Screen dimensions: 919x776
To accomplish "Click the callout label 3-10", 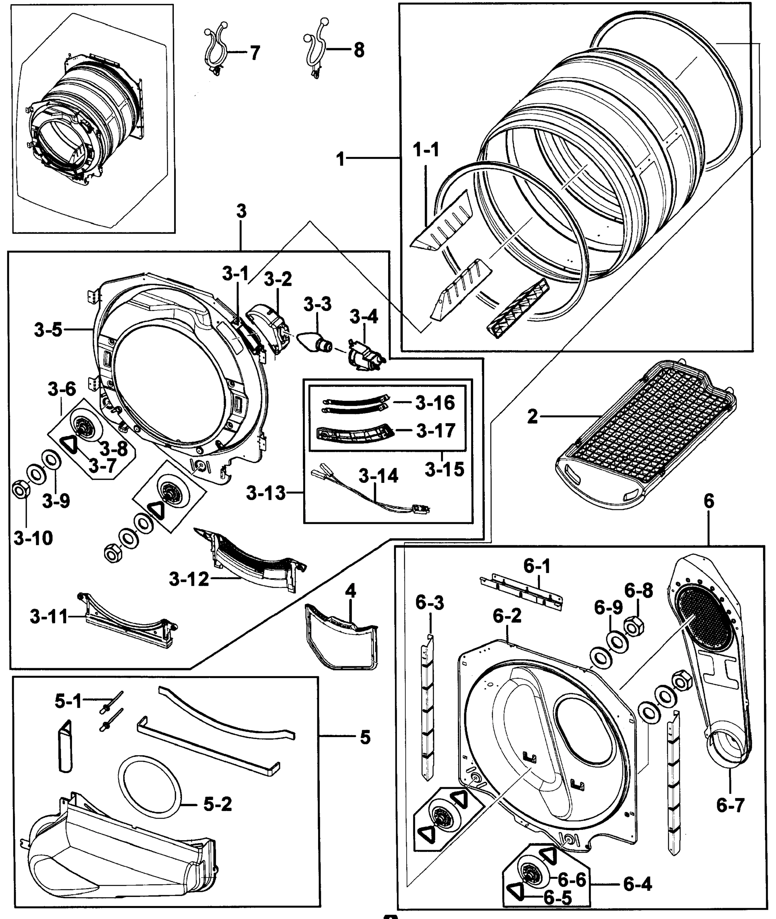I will click(33, 538).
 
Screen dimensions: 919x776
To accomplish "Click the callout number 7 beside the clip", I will click(255, 53).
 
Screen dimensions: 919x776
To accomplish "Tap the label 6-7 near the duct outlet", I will click(730, 805).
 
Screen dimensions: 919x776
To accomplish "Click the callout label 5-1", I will click(69, 701).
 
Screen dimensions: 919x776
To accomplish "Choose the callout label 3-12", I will click(189, 579).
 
